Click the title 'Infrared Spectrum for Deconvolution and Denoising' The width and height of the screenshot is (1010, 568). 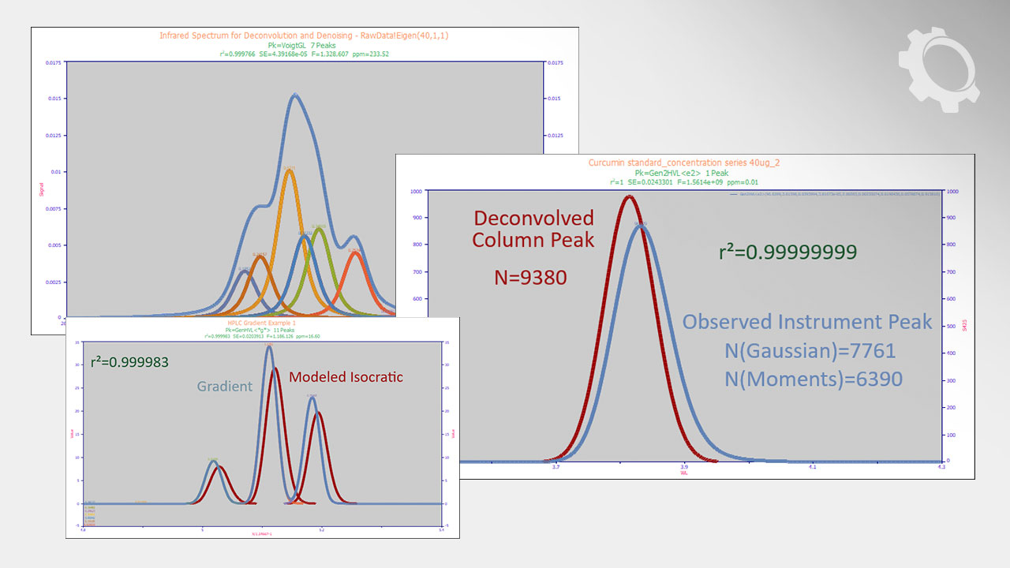pyautogui.click(x=305, y=35)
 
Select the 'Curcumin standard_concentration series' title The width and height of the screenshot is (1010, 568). pyautogui.click(x=684, y=163)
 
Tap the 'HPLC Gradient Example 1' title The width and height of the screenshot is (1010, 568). pyautogui.click(x=261, y=323)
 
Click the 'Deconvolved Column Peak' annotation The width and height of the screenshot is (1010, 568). pyautogui.click(x=533, y=229)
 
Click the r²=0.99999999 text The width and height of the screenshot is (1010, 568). pyautogui.click(x=788, y=252)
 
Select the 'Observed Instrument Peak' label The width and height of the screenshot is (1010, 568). pyautogui.click(x=806, y=322)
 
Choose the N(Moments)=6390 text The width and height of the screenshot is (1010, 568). pyautogui.click(x=813, y=379)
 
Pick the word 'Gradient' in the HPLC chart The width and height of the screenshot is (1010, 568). pyautogui.click(x=225, y=387)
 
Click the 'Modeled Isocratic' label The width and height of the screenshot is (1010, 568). pyautogui.click(x=346, y=377)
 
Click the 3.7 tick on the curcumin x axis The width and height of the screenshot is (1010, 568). pyautogui.click(x=556, y=467)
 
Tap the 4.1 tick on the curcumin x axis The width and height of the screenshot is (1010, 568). pyautogui.click(x=813, y=467)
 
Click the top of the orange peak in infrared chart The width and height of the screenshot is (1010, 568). pyautogui.click(x=290, y=169)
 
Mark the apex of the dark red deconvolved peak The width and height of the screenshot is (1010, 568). pyautogui.click(x=629, y=196)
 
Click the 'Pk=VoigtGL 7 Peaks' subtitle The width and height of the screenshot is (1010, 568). pyautogui.click(x=305, y=46)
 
